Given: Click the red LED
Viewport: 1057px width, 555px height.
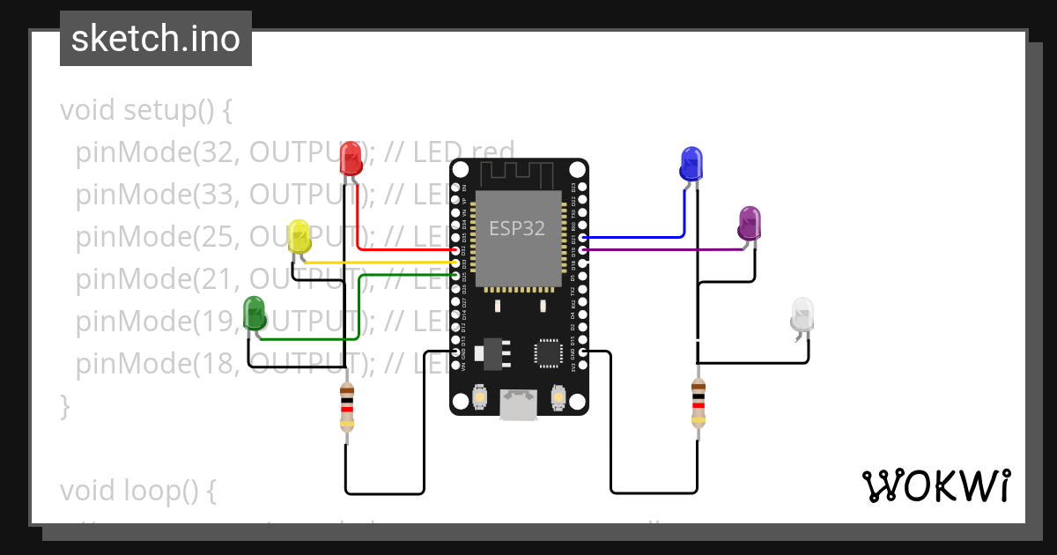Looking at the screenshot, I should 351,159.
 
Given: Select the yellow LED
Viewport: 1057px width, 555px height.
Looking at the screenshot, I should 299,236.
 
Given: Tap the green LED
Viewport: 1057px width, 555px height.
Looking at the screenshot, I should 255,314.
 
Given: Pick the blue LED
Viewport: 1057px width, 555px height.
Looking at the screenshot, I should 691,164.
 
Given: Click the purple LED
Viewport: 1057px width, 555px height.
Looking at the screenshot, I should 750,223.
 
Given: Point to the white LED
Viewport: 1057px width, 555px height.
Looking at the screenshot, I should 802,315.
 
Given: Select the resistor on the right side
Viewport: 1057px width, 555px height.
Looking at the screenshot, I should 698,403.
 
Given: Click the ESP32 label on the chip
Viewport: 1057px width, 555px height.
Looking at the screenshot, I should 517,229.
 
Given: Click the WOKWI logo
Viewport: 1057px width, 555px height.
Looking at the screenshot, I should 935,485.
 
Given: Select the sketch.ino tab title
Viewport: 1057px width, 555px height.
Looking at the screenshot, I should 156,39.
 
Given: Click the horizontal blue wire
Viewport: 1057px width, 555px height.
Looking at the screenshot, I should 634,238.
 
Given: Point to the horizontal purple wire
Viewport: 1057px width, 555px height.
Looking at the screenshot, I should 661,250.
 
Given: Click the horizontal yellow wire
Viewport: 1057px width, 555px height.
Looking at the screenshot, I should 379,263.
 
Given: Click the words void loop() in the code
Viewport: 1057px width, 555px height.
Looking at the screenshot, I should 137,491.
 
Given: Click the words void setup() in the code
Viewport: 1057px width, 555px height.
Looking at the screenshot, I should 146,111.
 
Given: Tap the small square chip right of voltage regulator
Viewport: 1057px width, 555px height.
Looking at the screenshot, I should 547,353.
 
